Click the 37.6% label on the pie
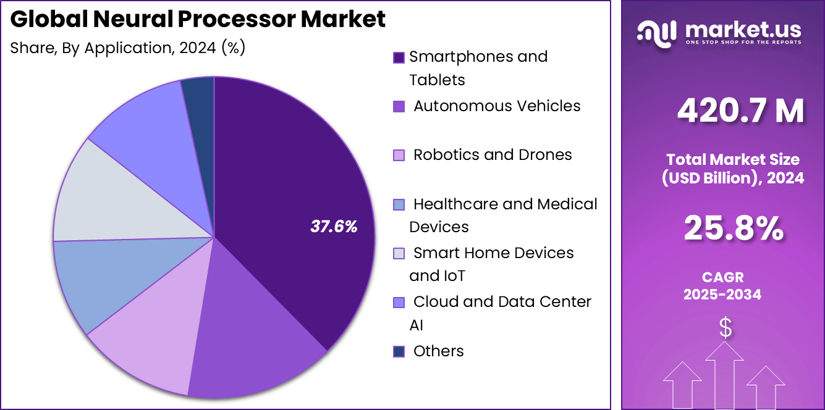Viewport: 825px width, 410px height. click(334, 227)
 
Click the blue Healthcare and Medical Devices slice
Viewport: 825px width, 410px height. click(99, 278)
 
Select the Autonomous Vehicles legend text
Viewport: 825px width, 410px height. click(497, 106)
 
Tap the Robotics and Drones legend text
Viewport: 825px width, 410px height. click(493, 155)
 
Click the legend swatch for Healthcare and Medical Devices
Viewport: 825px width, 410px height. click(399, 204)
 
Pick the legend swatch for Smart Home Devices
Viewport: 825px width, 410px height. click(399, 253)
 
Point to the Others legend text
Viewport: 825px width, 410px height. click(438, 351)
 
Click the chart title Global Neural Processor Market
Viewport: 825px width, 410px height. click(198, 20)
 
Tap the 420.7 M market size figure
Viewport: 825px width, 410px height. click(740, 111)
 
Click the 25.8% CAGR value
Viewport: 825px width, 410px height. click(734, 228)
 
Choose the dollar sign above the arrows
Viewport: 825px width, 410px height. click(726, 328)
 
